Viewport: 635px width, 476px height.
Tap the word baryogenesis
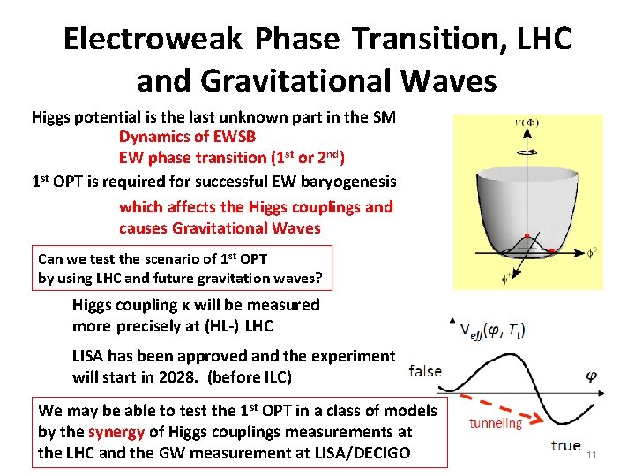pos(348,182)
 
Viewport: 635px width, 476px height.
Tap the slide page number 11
pos(592,455)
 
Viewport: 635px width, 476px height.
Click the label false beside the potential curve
pos(425,371)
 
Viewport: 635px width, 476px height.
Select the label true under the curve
pos(565,445)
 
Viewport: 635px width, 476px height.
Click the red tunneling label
pos(496,424)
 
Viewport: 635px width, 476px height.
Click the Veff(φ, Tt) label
pos(500,330)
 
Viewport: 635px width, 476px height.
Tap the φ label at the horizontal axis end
pos(593,376)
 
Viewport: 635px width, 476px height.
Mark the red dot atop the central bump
pos(526,236)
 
